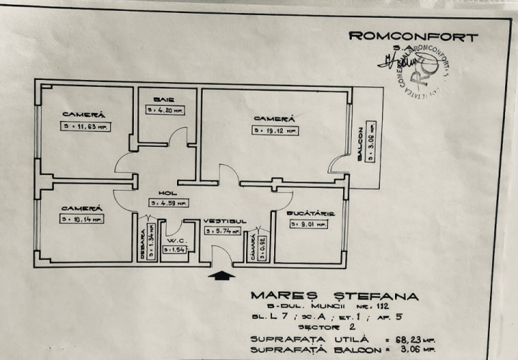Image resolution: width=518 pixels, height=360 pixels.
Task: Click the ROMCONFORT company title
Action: pyautogui.click(x=412, y=37)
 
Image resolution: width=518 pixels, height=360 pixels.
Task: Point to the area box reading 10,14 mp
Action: pyautogui.click(x=82, y=217)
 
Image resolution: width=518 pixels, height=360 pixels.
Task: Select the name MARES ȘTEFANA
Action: pyautogui.click(x=333, y=295)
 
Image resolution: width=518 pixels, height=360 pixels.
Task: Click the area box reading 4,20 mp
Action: pyautogui.click(x=164, y=111)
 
